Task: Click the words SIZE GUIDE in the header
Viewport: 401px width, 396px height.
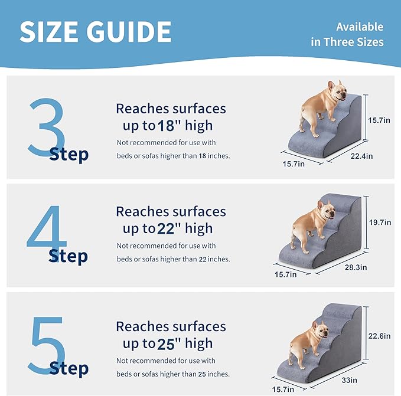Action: [x=96, y=32]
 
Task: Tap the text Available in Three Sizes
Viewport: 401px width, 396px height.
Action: [x=347, y=34]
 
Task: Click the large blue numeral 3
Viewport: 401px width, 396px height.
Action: [x=46, y=126]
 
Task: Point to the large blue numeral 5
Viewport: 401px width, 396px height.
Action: [x=47, y=345]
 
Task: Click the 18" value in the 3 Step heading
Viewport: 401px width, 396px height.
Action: [x=169, y=126]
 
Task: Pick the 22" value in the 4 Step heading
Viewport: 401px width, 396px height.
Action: [x=169, y=228]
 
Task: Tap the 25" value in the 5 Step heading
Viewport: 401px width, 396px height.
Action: [x=169, y=343]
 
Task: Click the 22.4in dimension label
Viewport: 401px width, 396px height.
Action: [x=361, y=156]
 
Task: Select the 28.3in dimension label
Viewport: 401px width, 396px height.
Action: [x=356, y=267]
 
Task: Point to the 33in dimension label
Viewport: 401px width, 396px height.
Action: [x=350, y=380]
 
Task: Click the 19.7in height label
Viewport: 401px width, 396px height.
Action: [x=380, y=222]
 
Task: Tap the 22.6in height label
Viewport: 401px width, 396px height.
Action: [x=380, y=336]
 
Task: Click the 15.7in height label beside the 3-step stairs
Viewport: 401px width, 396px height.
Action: [x=379, y=120]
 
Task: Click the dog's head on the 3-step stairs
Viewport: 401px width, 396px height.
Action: [x=337, y=91]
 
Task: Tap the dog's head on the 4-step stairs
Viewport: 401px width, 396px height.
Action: [x=326, y=210]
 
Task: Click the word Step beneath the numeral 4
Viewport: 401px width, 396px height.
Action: [x=69, y=256]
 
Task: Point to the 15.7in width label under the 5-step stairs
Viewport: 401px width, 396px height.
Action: [x=283, y=390]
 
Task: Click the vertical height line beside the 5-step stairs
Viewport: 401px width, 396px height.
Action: [x=366, y=333]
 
